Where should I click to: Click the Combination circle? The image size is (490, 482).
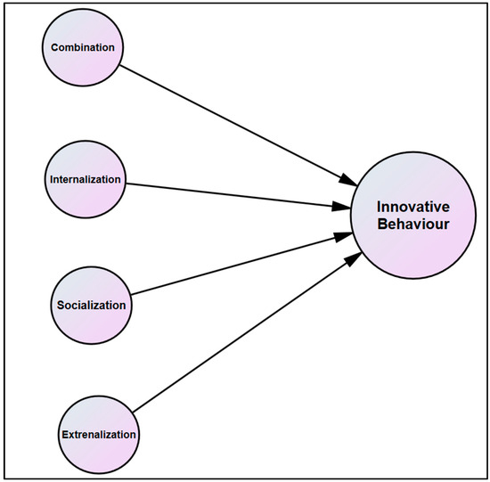83,47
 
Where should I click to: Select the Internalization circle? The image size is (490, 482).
86,179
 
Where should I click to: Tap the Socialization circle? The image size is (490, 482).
91,306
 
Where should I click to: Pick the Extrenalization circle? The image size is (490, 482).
99,435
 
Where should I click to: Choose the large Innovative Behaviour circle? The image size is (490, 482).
413,216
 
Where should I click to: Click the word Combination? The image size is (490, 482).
83,47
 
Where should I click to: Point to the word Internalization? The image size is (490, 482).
86,179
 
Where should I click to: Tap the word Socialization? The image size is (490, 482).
91,306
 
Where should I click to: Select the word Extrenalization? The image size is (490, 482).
99,435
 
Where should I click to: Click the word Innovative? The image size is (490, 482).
413,207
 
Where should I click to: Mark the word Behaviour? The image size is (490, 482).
413,225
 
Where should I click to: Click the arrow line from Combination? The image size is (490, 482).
238,126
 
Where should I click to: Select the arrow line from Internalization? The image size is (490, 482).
238,195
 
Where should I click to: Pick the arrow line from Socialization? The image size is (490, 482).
241,264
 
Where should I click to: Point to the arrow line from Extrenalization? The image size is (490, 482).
247,332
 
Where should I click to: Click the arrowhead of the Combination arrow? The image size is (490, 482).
347,180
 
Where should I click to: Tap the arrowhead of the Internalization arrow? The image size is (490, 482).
340,207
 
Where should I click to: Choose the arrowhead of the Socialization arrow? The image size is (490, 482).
343,236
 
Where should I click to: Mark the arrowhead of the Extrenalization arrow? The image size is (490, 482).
354,259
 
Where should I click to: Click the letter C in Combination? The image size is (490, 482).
54,47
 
